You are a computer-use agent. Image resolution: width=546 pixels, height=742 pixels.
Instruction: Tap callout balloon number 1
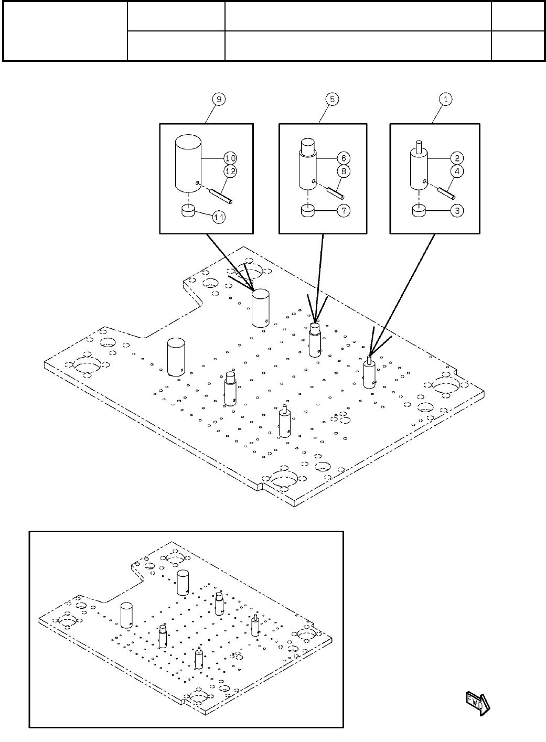pos(445,99)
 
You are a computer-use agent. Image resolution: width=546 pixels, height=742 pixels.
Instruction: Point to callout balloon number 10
pos(230,158)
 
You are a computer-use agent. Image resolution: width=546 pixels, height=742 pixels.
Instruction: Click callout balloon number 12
pos(230,171)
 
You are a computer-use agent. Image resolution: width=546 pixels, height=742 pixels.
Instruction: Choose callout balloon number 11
pos(219,217)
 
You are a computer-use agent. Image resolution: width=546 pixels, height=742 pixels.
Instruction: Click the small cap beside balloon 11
pos(188,210)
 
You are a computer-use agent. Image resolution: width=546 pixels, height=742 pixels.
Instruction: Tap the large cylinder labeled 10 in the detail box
pos(188,163)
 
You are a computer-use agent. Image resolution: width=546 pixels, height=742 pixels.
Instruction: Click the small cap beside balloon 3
pos(417,211)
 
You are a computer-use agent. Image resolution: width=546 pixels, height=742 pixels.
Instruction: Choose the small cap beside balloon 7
pos(307,211)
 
